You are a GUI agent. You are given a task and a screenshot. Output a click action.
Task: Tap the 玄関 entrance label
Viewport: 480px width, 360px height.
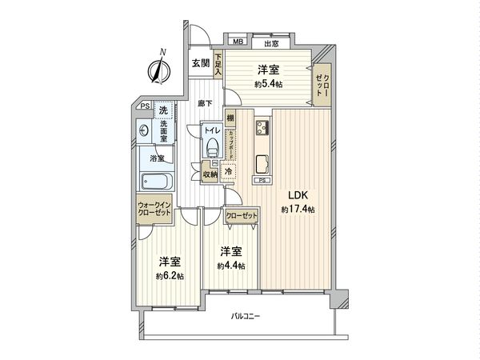pyautogui.click(x=200, y=63)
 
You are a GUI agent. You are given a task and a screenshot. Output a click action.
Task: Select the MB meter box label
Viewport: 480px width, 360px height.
pyautogui.click(x=238, y=43)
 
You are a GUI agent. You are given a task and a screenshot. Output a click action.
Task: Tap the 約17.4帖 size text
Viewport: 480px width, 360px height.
pyautogui.click(x=297, y=210)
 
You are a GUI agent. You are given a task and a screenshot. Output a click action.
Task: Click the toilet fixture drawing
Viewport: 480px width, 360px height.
pyautogui.click(x=211, y=147)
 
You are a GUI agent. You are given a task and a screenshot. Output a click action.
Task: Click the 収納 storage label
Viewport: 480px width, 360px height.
pyautogui.click(x=210, y=174)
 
